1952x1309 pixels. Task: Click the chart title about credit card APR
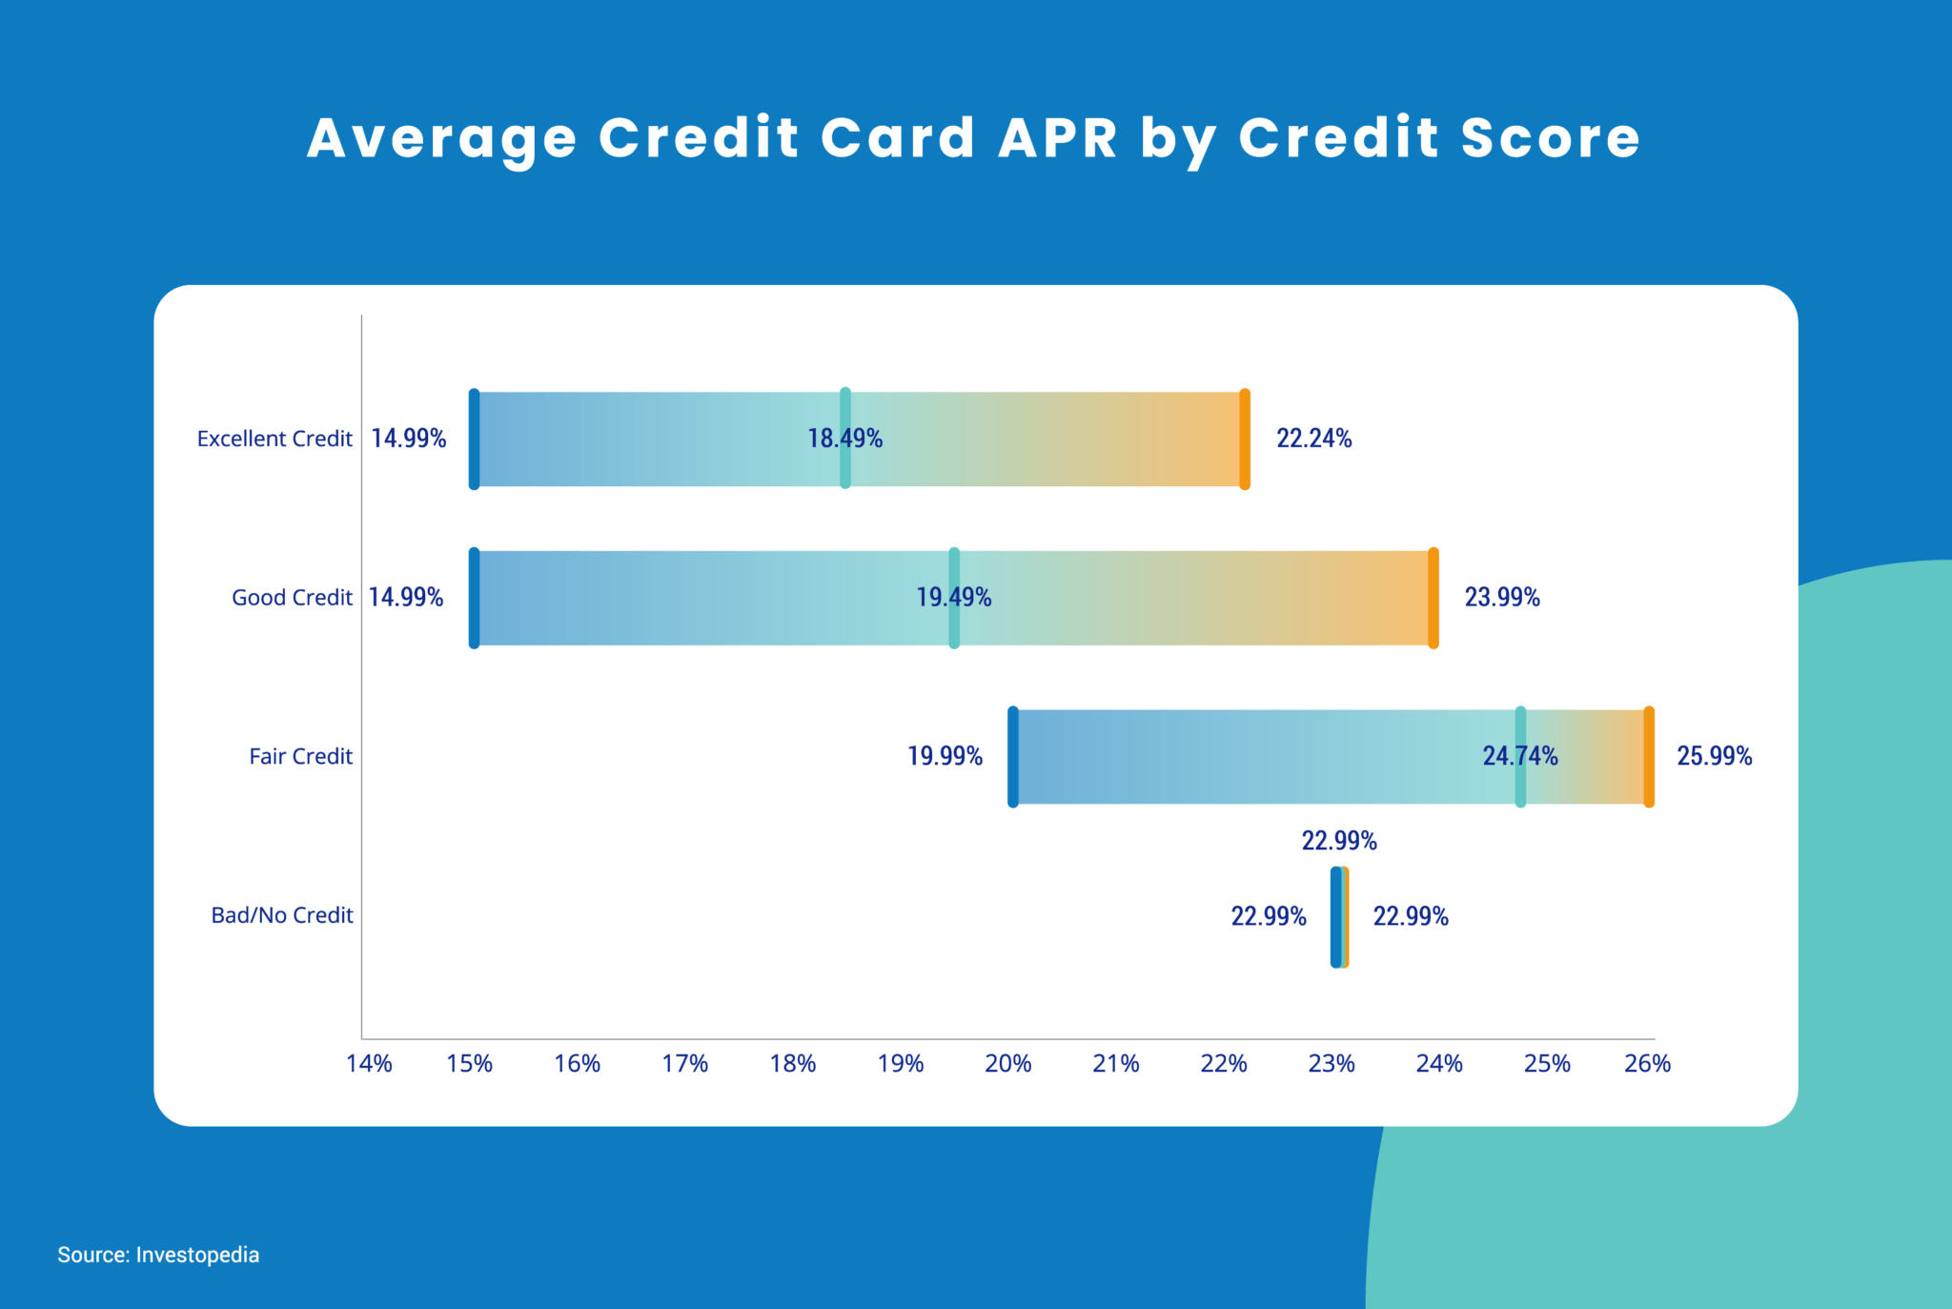973,138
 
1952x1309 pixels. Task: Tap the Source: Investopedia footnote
158,1255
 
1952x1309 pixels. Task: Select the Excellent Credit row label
274,439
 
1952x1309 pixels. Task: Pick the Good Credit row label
292,598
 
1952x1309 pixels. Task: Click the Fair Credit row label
300,756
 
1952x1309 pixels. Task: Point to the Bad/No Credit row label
282,915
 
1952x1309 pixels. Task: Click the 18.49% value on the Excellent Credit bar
844,439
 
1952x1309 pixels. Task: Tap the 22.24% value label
1313,439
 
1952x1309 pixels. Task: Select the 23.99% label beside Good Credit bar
1501,598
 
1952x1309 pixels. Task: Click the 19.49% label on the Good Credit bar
953,598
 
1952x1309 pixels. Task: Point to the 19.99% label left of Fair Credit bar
945,756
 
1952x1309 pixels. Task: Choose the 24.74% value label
1519,756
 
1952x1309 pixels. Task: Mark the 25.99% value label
1714,756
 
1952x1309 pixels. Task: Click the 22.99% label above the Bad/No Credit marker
1339,841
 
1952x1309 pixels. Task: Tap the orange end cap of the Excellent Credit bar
1245,440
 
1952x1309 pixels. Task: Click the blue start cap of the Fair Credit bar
1013,757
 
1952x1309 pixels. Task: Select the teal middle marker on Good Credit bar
954,598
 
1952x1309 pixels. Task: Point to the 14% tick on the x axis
369,1064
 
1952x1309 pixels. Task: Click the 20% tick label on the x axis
1007,1064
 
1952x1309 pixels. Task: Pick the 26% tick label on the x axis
1647,1064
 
